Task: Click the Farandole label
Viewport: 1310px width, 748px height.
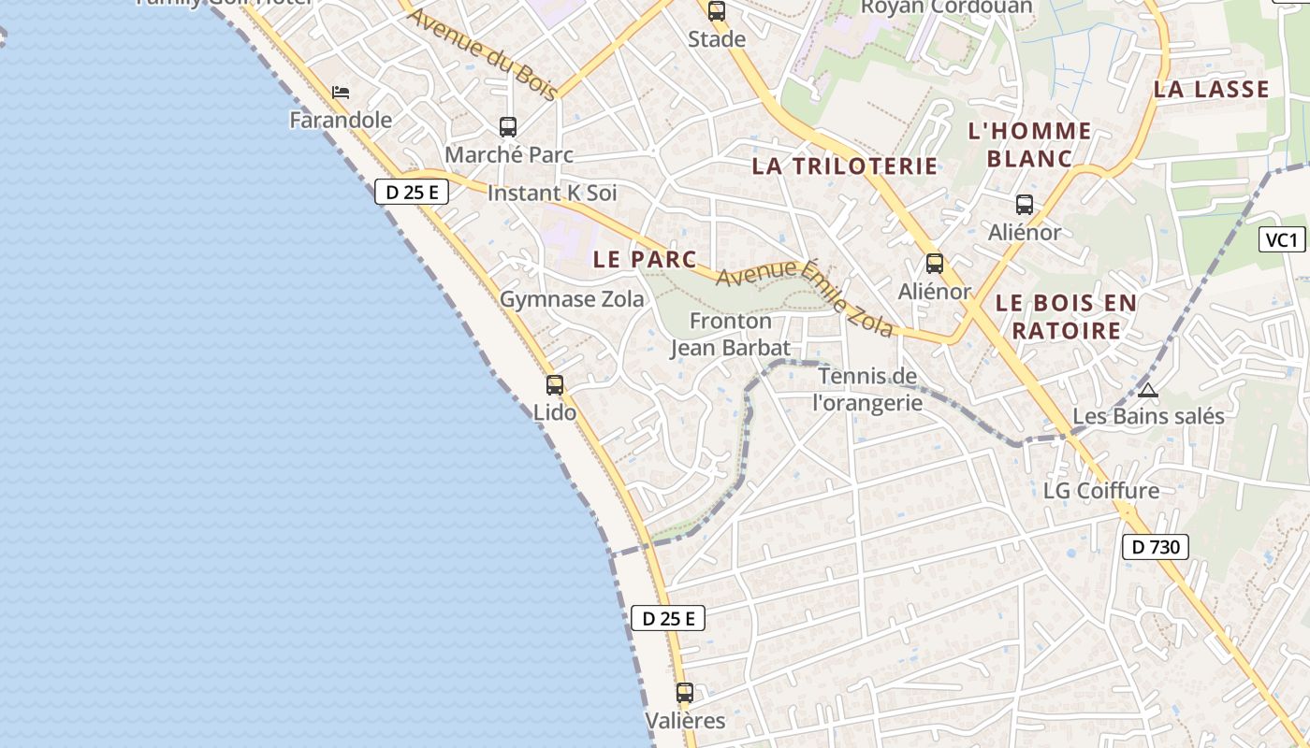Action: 341,120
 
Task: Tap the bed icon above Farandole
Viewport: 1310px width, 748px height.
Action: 341,93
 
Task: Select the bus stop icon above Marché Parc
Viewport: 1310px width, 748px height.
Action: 508,127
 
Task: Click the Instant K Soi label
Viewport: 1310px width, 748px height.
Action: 552,194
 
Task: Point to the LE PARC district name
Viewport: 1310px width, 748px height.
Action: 646,259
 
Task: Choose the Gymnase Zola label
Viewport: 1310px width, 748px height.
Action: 572,299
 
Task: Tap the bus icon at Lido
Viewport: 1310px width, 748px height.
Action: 555,385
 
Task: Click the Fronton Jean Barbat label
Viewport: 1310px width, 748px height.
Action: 731,335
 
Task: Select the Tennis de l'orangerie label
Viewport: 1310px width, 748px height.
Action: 867,389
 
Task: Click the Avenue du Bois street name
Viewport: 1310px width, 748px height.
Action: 484,54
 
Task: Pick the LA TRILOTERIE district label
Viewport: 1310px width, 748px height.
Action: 845,166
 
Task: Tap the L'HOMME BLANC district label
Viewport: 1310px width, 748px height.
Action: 1029,145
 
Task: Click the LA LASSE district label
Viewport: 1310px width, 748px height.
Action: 1212,90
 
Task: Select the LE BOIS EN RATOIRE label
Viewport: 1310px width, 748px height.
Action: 1066,316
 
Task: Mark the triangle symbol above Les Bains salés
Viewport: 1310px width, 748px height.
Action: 1148,390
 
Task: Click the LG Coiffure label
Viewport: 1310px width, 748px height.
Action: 1101,490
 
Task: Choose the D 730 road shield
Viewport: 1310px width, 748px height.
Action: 1156,547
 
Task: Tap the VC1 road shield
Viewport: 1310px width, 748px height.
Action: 1282,240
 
